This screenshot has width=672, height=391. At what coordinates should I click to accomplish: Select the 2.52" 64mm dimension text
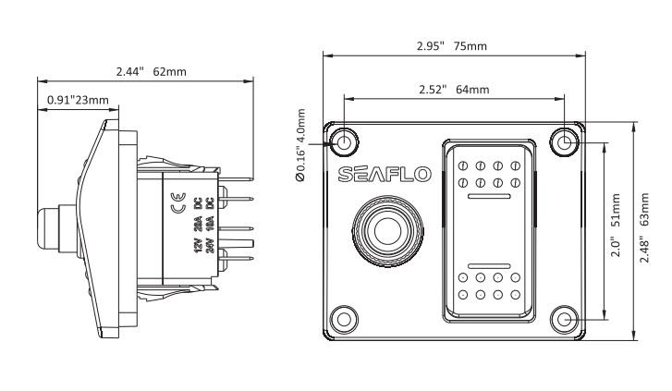(x=452, y=89)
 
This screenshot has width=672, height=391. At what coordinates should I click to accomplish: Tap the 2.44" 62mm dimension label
(x=144, y=70)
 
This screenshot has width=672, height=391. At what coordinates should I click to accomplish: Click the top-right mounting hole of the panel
(x=566, y=141)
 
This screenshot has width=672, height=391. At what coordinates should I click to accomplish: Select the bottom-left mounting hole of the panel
(x=345, y=320)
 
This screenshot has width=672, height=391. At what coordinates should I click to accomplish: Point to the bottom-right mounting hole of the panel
(x=566, y=320)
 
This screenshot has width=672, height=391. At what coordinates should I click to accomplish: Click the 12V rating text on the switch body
(x=196, y=244)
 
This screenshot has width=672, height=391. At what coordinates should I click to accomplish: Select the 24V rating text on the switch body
(x=210, y=244)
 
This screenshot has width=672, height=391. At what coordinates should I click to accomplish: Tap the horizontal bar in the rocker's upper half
(x=490, y=198)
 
